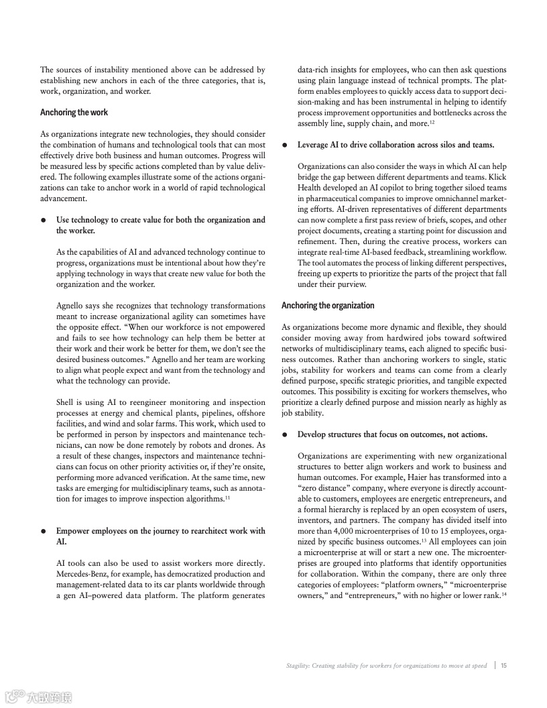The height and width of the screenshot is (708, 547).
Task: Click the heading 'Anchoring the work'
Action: pos(74,112)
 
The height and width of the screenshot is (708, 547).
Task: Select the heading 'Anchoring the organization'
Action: pos(328,305)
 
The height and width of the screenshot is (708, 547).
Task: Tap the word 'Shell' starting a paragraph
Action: pos(66,402)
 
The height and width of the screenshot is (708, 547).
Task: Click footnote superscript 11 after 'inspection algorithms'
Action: pos(228,497)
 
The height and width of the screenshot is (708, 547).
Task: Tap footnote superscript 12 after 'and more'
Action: pos(433,121)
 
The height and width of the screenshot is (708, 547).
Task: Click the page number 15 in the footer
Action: pos(503,666)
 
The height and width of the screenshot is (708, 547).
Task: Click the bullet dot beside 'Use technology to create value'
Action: pos(44,220)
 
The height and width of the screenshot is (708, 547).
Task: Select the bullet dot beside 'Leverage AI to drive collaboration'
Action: pos(285,145)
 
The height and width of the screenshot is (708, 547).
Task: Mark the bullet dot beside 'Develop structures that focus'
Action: pos(285,434)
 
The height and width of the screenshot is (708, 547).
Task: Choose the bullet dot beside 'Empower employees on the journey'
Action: pos(44,531)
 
